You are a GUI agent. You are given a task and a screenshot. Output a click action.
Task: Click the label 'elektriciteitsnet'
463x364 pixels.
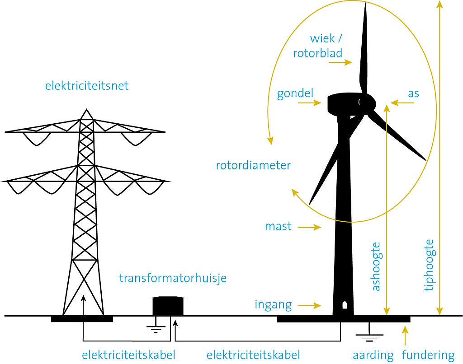click(x=87, y=85)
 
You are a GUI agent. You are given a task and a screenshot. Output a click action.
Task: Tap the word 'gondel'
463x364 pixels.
click(x=295, y=93)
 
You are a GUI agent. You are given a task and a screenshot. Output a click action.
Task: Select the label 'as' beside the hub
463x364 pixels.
click(x=413, y=93)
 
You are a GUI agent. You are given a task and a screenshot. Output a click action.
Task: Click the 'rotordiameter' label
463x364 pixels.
click(x=253, y=165)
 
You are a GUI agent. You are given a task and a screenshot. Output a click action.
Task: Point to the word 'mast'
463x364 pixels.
click(x=279, y=226)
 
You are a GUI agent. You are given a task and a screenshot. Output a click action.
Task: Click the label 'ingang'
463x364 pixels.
click(x=273, y=304)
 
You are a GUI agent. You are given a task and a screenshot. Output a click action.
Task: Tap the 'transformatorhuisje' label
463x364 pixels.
click(x=173, y=278)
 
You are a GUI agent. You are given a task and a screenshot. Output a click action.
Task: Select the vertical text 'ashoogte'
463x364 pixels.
click(x=376, y=267)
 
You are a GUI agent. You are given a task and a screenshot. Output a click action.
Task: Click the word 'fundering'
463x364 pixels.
click(x=428, y=355)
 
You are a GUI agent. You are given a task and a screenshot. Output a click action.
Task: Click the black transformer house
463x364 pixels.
click(x=168, y=306)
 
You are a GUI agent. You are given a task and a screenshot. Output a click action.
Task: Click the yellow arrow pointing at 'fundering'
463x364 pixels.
click(x=406, y=335)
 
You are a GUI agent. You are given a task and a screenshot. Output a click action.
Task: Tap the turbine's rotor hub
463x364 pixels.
click(x=367, y=103)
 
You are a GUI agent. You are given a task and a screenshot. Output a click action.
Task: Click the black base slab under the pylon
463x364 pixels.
click(x=82, y=319)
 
